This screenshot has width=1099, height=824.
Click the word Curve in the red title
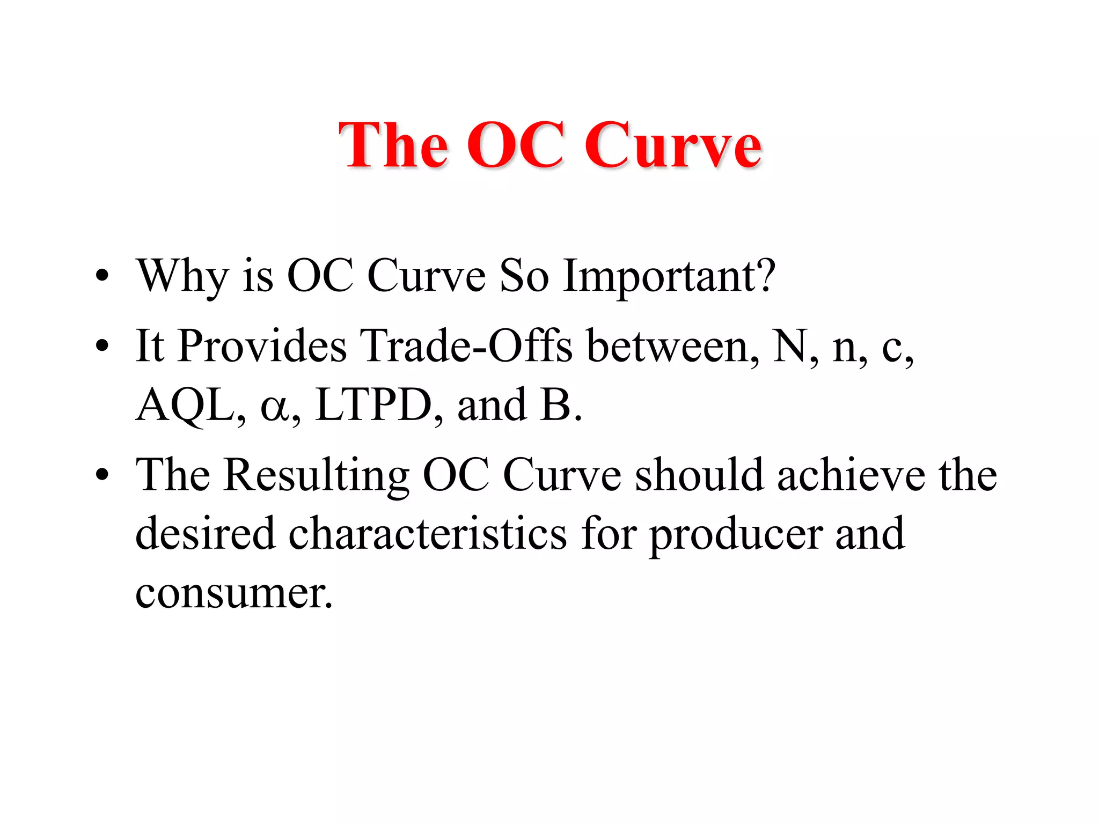click(673, 145)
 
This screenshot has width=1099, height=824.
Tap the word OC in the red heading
click(515, 145)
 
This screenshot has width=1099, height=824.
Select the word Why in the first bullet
click(183, 277)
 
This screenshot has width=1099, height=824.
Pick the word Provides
click(262, 346)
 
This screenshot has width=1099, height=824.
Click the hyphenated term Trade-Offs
click(466, 346)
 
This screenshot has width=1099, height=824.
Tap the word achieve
click(851, 475)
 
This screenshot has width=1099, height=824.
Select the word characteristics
click(428, 534)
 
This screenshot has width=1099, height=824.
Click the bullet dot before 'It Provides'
click(102, 347)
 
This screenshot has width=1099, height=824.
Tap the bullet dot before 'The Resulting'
click(102, 475)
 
